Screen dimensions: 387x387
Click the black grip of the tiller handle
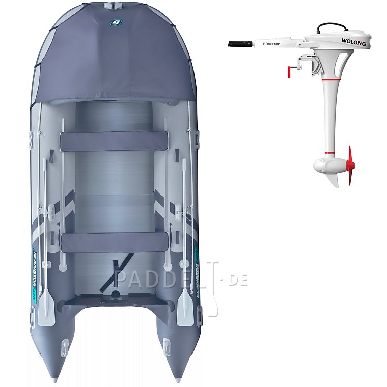[240, 44]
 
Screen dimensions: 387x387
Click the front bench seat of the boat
[114, 141]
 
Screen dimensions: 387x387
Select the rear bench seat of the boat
[114, 242]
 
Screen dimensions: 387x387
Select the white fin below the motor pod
[334, 180]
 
